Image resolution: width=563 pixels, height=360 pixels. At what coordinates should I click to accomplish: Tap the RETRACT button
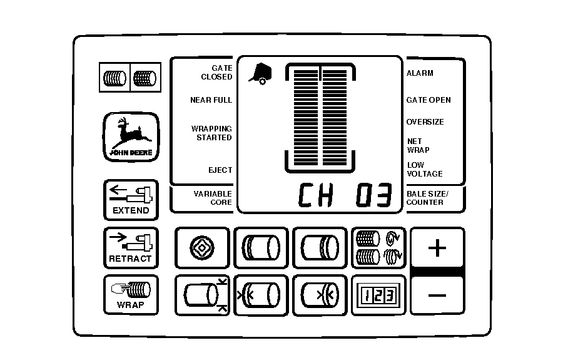coord(131,248)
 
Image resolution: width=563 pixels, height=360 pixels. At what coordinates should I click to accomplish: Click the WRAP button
coord(131,295)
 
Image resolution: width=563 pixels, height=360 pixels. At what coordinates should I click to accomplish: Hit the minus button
coord(437,294)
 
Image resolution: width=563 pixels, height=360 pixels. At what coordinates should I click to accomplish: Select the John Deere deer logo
coord(131,137)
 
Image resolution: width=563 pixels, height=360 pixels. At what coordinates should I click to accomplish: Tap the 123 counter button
coord(378,294)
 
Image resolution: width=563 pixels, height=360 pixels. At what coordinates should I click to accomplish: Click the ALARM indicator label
coord(420,73)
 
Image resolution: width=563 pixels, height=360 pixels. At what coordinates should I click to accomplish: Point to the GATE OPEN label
coord(429,100)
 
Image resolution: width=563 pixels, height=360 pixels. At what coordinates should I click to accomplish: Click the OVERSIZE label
coord(425,122)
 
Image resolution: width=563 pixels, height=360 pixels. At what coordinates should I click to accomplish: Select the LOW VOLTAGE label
coord(425,170)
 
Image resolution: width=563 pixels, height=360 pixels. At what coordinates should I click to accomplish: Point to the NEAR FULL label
coord(211,100)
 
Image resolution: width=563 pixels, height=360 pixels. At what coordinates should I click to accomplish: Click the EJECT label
coord(220,170)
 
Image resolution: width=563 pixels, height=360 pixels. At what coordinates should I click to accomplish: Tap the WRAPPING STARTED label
coord(211,133)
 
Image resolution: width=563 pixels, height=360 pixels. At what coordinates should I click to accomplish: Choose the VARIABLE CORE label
coord(213,198)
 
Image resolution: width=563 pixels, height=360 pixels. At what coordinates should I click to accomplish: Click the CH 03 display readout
coord(344,196)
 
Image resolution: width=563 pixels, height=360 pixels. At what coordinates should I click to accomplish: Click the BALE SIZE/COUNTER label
coord(428,198)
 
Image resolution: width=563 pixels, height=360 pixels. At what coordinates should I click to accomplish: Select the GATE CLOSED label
coord(216,73)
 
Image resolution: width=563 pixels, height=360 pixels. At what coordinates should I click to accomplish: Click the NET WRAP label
coord(418,146)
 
